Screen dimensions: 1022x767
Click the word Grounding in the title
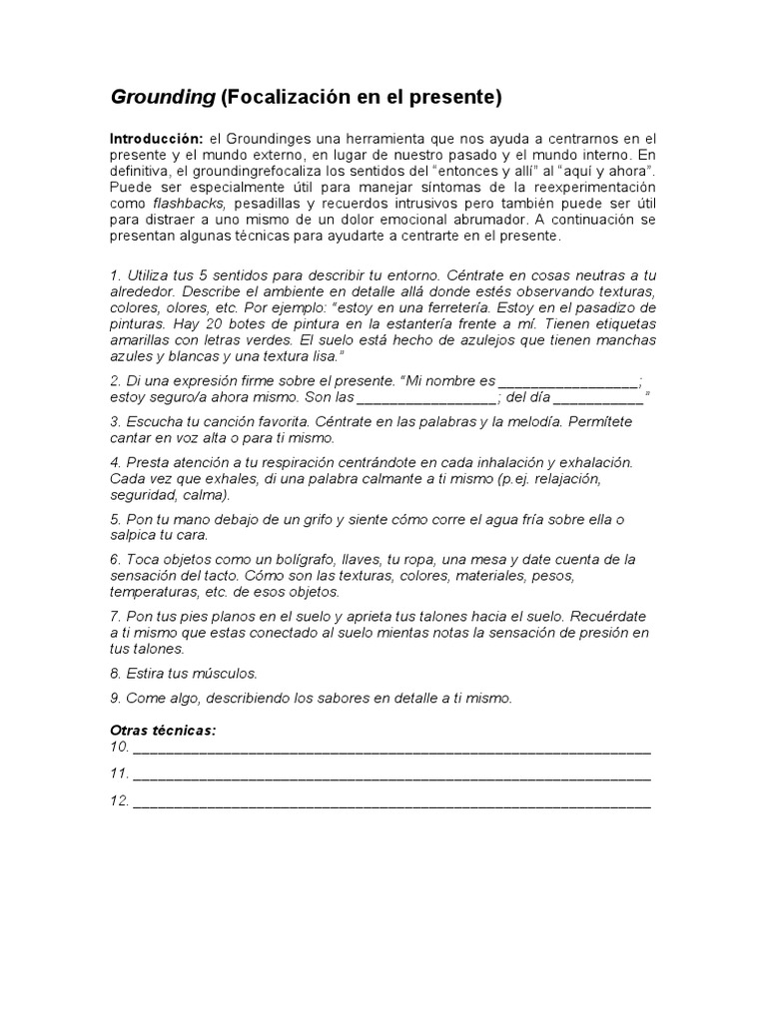[162, 98]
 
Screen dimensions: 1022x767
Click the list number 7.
[115, 617]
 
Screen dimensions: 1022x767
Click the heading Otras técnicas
[163, 731]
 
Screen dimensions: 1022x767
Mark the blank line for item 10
[391, 748]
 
